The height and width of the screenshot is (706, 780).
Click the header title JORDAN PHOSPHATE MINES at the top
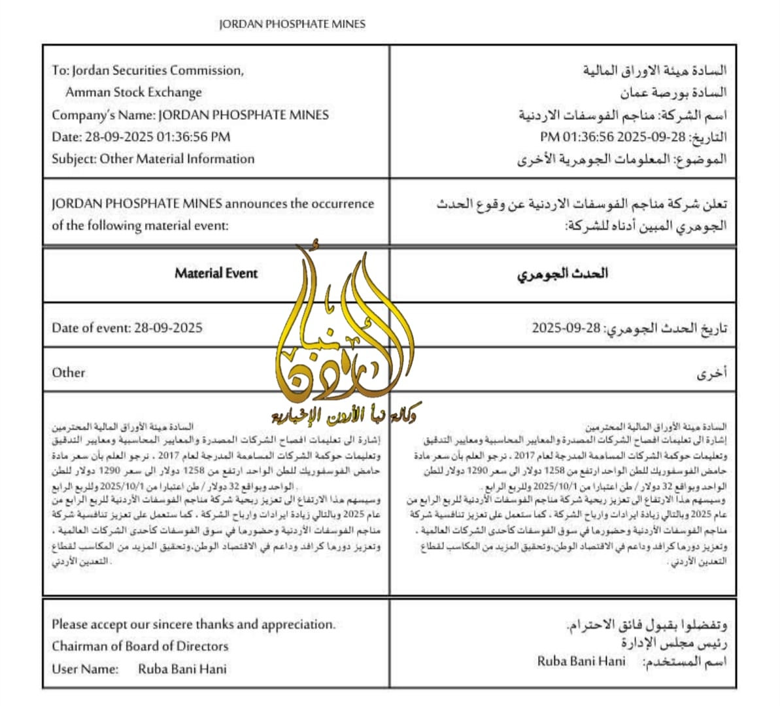(x=292, y=24)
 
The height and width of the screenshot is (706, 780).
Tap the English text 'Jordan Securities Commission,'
(x=158, y=71)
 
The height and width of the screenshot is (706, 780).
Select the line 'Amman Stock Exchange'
(x=133, y=92)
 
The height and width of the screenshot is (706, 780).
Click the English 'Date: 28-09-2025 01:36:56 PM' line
(x=141, y=137)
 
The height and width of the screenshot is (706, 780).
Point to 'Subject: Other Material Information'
(x=153, y=159)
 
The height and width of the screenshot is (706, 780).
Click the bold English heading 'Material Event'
(x=216, y=273)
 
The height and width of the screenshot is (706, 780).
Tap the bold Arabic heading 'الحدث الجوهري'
(x=562, y=273)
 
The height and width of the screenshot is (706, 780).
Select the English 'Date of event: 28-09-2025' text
(x=127, y=328)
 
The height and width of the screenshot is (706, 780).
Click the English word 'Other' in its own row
(x=69, y=373)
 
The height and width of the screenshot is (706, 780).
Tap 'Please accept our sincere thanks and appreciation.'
(x=194, y=624)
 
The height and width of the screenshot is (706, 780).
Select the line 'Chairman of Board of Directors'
(x=140, y=647)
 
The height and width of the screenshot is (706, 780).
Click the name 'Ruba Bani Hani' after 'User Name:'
(x=182, y=669)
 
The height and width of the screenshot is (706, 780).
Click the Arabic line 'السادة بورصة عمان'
(x=673, y=92)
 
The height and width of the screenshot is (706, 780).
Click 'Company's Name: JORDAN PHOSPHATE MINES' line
(x=190, y=115)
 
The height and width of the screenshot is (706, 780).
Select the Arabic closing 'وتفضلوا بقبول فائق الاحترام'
(x=647, y=624)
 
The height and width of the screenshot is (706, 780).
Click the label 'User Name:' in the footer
(x=85, y=669)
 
